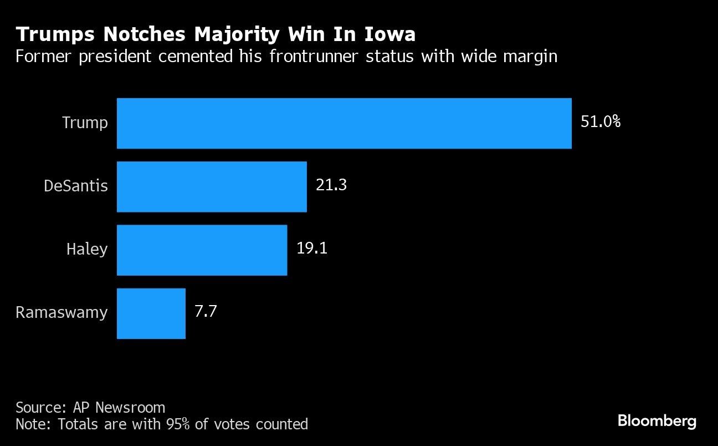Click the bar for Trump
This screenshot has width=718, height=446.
[x=343, y=123]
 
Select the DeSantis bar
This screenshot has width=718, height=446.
[x=212, y=186]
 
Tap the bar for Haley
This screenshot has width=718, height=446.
[x=202, y=250]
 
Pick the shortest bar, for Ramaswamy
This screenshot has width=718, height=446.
[x=151, y=313]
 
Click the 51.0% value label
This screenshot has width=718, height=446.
[x=600, y=121]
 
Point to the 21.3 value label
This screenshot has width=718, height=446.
[x=331, y=185]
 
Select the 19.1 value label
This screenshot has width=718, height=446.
[x=312, y=248]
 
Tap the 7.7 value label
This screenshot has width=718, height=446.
[x=205, y=311]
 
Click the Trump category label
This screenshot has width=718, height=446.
[x=85, y=123]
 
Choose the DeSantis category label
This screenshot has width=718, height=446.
[x=76, y=186]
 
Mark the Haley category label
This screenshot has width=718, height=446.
[x=87, y=249]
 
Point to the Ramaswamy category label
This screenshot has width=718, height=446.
[x=61, y=312]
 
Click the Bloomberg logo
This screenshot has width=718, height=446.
[x=657, y=421]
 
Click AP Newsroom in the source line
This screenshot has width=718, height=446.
[x=119, y=407]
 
